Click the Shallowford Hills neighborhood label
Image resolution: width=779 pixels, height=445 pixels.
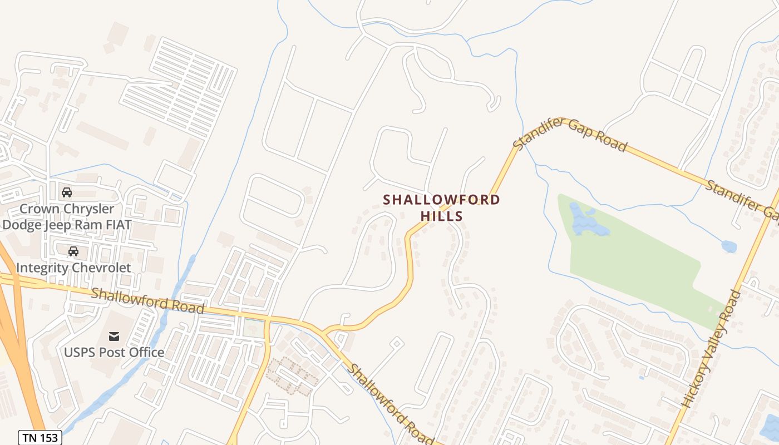pos(441,207)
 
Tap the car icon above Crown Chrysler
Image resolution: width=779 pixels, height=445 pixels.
pos(67,192)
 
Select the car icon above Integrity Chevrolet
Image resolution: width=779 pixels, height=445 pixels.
pos(73,251)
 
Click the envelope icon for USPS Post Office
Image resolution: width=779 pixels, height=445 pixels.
pos(114,336)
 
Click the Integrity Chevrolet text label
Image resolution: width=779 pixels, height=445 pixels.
pos(73,268)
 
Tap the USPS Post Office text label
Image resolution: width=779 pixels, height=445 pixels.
pos(114,352)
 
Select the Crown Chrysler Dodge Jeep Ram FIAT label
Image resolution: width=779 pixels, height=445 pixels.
pos(67,217)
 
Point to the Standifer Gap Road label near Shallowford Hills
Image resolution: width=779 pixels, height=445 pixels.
pos(570,134)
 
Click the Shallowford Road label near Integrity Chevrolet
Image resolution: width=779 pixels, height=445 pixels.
pos(147,300)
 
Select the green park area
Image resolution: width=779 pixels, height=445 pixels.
pos(640,261)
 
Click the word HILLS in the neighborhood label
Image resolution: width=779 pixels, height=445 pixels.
pos(442,216)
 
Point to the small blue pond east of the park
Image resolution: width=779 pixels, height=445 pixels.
pos(729,246)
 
